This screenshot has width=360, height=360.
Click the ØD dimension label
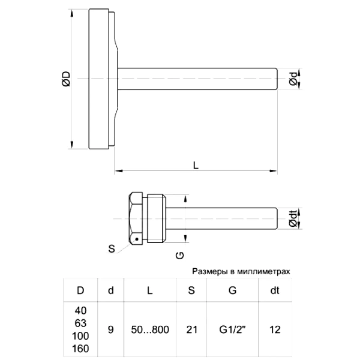click(67, 79)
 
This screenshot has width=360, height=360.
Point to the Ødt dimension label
click(293, 218)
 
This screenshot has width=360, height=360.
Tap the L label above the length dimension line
click(196, 166)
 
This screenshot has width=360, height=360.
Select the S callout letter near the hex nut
click(112, 248)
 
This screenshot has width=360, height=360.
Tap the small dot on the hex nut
click(137, 239)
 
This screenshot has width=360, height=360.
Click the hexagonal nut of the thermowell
click(136, 218)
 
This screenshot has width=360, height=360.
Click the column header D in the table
click(80, 290)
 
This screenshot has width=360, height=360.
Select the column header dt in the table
click(275, 290)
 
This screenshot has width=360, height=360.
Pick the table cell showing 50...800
click(150, 329)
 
